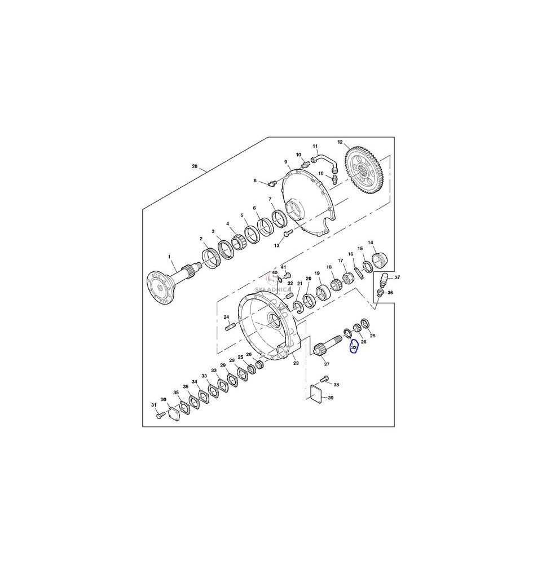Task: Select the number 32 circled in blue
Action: click(x=354, y=347)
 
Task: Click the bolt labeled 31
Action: click(x=160, y=415)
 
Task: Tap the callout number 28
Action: click(x=195, y=166)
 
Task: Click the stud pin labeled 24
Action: click(x=230, y=327)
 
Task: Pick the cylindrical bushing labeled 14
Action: click(x=380, y=260)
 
